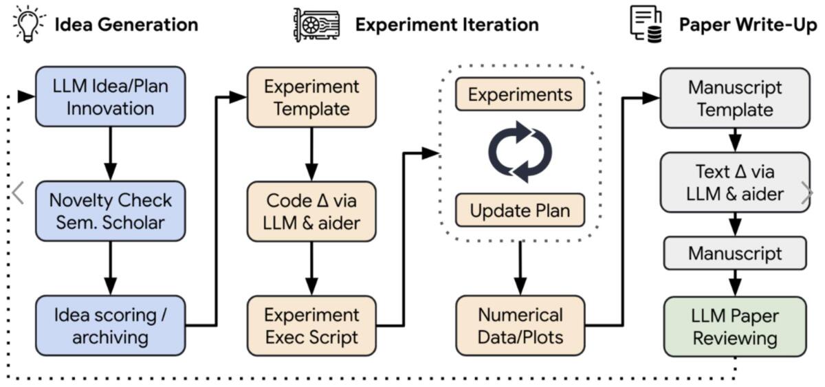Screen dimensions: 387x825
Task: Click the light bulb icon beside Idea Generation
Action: coord(30,24)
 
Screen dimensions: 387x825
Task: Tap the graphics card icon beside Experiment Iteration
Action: coord(315,25)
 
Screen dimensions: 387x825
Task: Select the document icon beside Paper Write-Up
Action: coord(646,24)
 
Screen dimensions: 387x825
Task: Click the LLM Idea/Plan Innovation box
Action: coord(110,97)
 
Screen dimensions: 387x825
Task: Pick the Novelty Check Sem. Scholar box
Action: coord(110,211)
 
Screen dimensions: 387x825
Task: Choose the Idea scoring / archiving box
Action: coord(110,326)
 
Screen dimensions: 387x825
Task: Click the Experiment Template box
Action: coord(311,97)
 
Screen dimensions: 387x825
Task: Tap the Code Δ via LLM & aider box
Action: coord(311,211)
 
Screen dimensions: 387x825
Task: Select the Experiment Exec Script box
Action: coord(311,326)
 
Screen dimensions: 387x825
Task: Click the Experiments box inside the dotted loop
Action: coord(520,94)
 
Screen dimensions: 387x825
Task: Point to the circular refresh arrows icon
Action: coord(520,152)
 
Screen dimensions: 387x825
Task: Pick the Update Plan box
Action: coord(520,211)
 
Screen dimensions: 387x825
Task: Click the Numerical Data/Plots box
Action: coord(520,326)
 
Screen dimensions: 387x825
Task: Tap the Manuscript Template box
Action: coord(734,98)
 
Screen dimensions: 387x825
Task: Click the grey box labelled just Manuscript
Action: coord(734,253)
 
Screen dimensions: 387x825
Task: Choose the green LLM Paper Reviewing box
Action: coord(734,327)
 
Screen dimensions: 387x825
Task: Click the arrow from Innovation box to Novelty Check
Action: coord(110,154)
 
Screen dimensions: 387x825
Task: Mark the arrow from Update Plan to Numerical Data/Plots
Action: coord(520,269)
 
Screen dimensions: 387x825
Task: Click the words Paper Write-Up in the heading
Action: coord(748,25)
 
